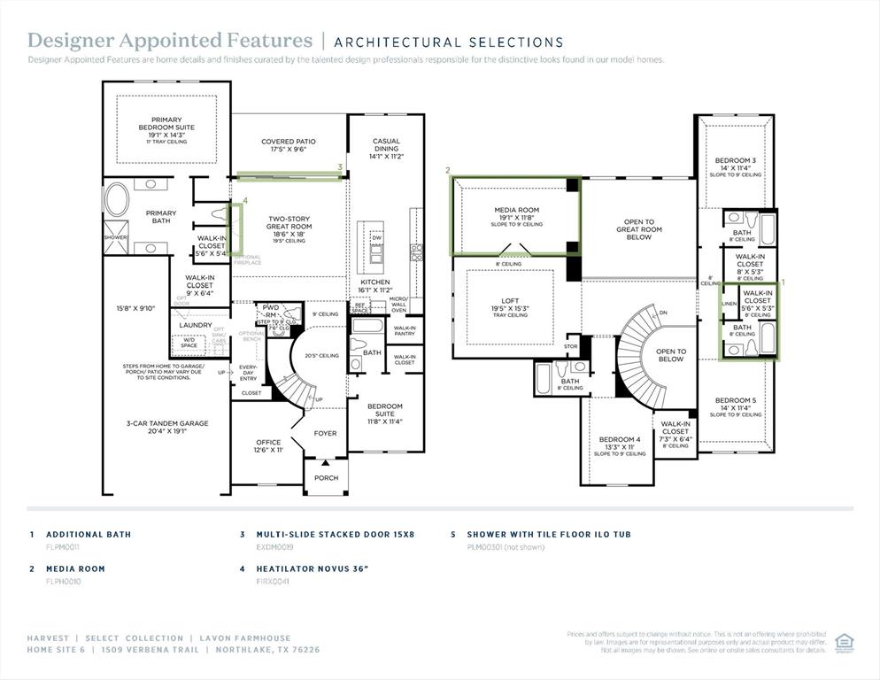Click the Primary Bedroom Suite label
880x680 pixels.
pyautogui.click(x=166, y=125)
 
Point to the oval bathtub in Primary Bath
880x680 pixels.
pyautogui.click(x=117, y=200)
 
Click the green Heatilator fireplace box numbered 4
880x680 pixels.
pyautogui.click(x=235, y=228)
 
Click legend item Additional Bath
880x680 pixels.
pyautogui.click(x=88, y=535)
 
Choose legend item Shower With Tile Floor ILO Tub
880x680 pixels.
pyautogui.click(x=548, y=535)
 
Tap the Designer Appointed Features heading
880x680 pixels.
pyautogui.click(x=170, y=41)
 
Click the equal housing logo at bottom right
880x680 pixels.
pyautogui.click(x=844, y=641)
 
